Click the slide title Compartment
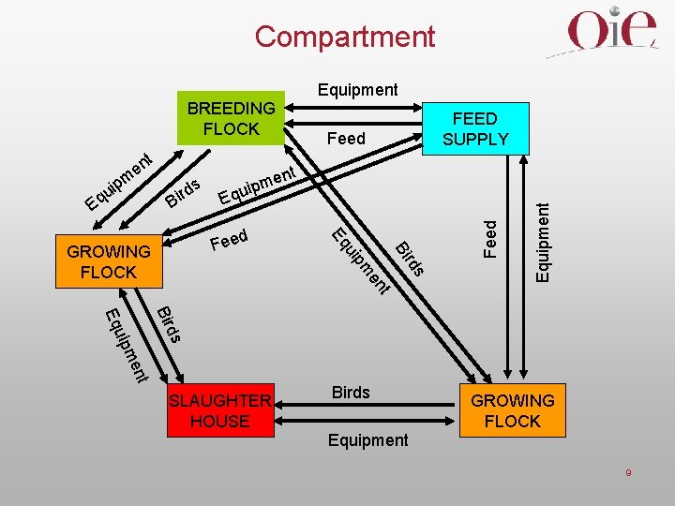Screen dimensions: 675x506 click(x=344, y=37)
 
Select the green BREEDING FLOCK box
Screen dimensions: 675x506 click(x=231, y=119)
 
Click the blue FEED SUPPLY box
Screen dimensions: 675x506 click(x=475, y=128)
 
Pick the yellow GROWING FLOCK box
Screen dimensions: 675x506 click(x=109, y=261)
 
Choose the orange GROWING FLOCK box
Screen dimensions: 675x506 click(x=512, y=410)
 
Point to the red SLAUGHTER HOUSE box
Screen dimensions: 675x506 click(x=220, y=410)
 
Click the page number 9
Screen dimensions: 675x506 click(x=628, y=473)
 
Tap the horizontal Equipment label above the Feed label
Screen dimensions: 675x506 click(x=358, y=90)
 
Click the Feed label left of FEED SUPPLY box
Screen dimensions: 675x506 click(x=346, y=139)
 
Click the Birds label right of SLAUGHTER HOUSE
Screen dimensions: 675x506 click(x=351, y=392)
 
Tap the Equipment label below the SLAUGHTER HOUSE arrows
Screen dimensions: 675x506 click(x=368, y=439)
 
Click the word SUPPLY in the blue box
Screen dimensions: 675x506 click(x=475, y=140)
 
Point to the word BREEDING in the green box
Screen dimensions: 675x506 click(x=232, y=108)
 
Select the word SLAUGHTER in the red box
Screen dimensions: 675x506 click(x=220, y=401)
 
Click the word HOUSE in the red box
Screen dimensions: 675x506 click(x=220, y=422)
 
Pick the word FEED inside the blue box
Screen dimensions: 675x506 click(x=475, y=119)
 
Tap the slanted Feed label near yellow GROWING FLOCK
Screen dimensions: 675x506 click(x=230, y=240)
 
